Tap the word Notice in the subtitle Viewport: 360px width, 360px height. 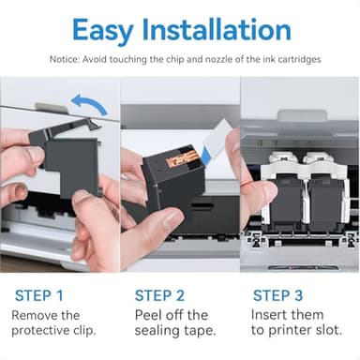click(x=65, y=59)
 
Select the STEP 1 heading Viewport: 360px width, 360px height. click(x=39, y=295)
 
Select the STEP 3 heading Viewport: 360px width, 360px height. click(x=279, y=295)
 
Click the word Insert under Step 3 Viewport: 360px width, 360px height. click(x=273, y=316)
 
